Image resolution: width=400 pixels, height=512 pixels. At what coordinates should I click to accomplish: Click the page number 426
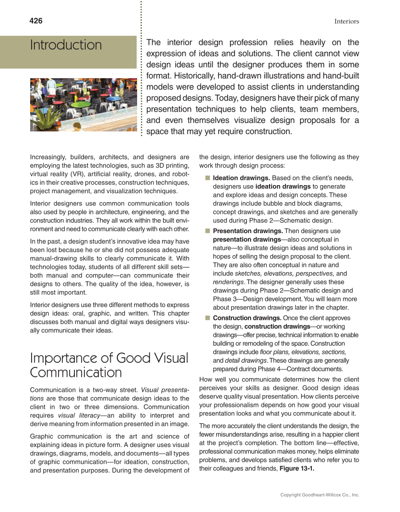(x=36, y=21)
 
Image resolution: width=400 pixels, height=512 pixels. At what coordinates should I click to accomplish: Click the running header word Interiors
(x=347, y=21)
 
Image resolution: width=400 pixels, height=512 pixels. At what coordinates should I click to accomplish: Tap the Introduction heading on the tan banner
(x=66, y=45)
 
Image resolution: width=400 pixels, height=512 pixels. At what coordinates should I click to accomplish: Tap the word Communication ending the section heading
(x=76, y=373)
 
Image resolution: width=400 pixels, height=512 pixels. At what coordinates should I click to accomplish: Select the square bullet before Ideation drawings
(x=208, y=178)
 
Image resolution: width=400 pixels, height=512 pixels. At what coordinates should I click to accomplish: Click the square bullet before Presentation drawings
(x=208, y=231)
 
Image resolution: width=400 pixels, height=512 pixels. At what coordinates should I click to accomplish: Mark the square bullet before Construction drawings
(x=208, y=318)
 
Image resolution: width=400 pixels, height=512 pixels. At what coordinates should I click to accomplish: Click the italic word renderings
(x=229, y=282)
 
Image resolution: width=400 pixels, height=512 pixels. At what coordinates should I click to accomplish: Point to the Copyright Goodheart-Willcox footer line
(x=319, y=495)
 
